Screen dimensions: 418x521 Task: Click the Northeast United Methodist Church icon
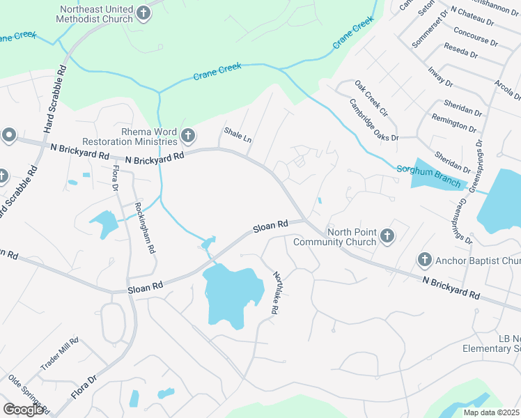(x=143, y=13)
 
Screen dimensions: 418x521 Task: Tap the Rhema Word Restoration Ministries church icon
(x=187, y=135)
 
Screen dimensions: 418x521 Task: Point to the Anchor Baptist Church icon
(x=424, y=261)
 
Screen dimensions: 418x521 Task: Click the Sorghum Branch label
(x=428, y=175)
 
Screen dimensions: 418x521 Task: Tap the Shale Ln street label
(x=237, y=134)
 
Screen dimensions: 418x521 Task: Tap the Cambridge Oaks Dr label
(x=374, y=118)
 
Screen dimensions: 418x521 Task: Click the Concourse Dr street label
(x=475, y=36)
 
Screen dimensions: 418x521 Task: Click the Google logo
(x=24, y=410)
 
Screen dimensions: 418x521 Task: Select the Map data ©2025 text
(x=491, y=412)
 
